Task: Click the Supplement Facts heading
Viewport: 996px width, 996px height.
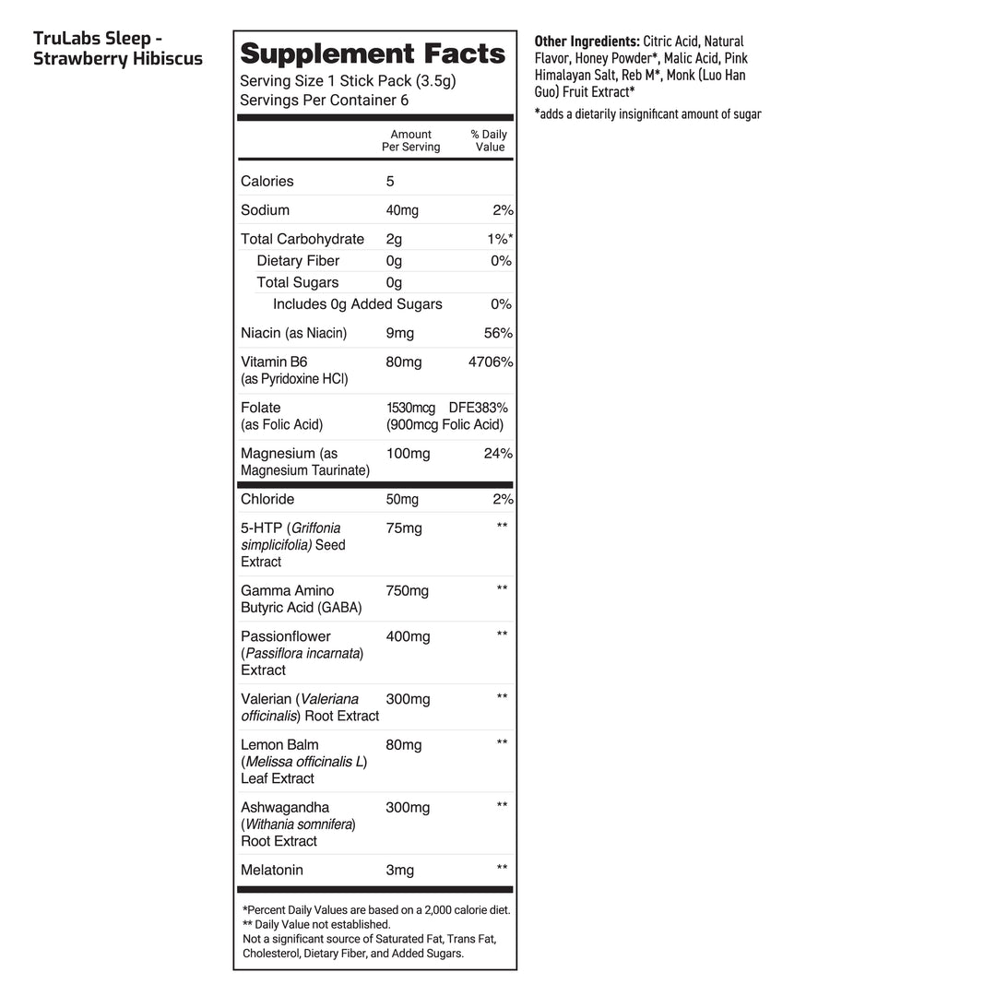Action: [373, 53]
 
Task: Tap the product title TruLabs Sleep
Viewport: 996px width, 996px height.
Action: [98, 39]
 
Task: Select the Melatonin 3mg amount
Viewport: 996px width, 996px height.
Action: [400, 870]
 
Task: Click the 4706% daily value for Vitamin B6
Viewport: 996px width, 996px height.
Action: [491, 362]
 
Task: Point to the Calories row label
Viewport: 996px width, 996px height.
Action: [267, 182]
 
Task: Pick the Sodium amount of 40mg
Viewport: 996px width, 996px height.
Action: [402, 210]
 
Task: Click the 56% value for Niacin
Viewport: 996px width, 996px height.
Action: [498, 333]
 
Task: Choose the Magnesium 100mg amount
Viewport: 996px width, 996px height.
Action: [408, 454]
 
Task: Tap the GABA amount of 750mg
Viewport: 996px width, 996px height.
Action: [408, 591]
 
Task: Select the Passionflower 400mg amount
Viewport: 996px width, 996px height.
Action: [408, 636]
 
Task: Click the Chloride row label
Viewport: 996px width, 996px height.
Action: [267, 499]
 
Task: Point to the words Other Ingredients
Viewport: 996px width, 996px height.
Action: [587, 41]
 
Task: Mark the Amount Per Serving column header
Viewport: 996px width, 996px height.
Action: [411, 141]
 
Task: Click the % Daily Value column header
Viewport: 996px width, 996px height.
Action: [489, 141]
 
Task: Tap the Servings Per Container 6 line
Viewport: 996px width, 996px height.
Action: [324, 101]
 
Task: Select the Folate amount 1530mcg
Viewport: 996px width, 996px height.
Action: [410, 408]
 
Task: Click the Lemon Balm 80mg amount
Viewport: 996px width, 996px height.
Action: [404, 745]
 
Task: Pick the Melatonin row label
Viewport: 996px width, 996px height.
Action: [272, 870]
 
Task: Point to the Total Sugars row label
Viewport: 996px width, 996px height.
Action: [297, 283]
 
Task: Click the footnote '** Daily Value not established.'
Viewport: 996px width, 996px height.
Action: [316, 924]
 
